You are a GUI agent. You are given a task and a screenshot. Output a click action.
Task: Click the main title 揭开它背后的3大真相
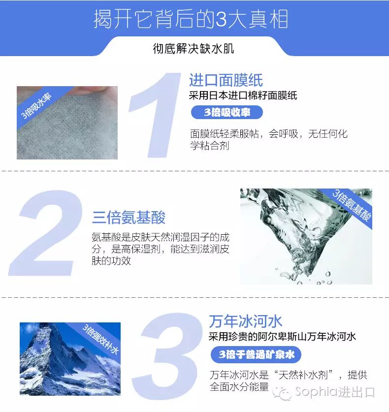point(191,19)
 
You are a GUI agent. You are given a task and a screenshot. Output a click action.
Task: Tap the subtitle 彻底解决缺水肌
point(194,49)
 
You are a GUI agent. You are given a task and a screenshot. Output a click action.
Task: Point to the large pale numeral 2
point(46,233)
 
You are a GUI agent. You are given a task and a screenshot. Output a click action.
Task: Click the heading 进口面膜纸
point(226,80)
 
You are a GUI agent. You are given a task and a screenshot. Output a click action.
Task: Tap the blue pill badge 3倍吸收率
point(227,112)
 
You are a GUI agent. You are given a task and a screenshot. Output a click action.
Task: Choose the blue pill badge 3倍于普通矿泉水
point(256,354)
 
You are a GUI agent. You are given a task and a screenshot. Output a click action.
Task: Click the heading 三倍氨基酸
point(129,217)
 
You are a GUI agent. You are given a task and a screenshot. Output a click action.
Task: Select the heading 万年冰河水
point(246,321)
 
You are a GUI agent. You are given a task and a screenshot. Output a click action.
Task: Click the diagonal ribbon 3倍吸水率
point(36,106)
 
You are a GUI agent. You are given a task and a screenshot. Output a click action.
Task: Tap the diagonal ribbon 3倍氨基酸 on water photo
point(352,205)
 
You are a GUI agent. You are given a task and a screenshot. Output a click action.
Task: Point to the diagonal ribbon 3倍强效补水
point(101,339)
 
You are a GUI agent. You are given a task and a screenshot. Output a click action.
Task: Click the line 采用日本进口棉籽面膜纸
point(243,95)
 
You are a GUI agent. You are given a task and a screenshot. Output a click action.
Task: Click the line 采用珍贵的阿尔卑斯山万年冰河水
point(282,337)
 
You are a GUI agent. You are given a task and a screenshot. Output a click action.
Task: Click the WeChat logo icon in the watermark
point(282,393)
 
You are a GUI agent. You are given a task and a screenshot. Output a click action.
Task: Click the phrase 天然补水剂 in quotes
point(303,375)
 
